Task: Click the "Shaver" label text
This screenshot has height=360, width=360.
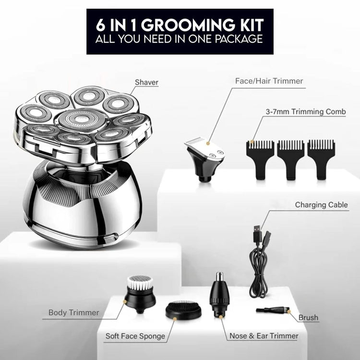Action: [146, 82]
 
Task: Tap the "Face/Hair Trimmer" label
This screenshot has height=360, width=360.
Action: [269, 81]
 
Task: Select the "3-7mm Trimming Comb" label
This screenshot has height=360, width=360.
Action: [306, 111]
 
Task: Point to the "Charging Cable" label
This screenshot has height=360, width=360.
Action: [321, 204]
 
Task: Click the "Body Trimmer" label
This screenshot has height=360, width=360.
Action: [74, 312]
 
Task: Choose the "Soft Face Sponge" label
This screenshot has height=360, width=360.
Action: [135, 336]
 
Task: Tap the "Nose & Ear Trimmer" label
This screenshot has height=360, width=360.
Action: [264, 336]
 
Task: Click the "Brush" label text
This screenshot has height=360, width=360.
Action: [308, 318]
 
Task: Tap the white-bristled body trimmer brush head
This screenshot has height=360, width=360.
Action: [139, 294]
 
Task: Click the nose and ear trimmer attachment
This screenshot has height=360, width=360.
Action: [219, 295]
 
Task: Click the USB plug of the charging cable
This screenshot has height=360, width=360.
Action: [257, 233]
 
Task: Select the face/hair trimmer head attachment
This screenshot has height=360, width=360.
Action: [204, 158]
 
